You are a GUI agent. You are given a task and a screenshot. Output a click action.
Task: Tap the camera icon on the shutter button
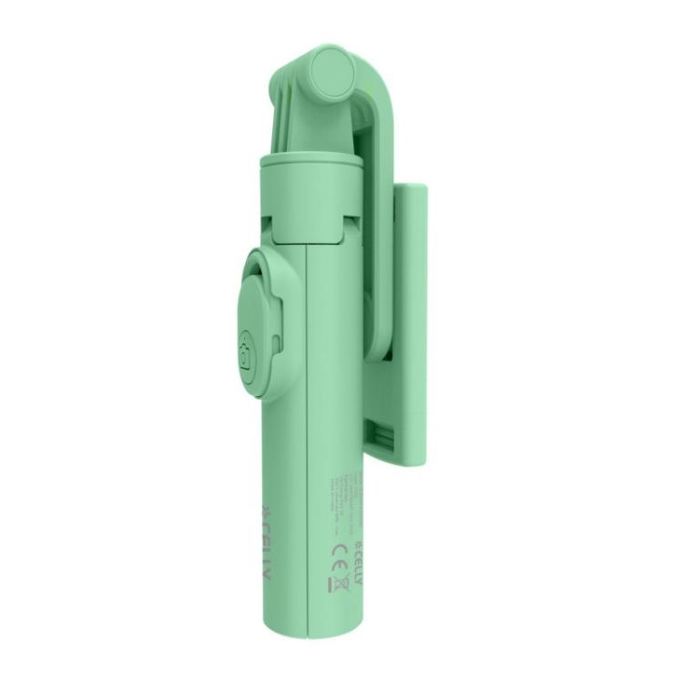[x=245, y=354]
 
